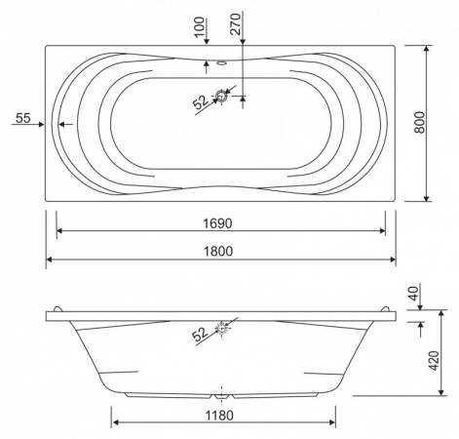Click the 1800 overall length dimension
tap(218, 251)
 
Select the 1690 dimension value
tap(217, 223)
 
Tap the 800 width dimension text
tap(419, 122)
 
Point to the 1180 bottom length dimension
tap(219, 416)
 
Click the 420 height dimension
tap(434, 361)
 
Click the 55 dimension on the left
tap(23, 118)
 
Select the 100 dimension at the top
tap(201, 26)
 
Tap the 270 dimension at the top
tap(236, 24)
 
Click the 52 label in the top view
tap(201, 102)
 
